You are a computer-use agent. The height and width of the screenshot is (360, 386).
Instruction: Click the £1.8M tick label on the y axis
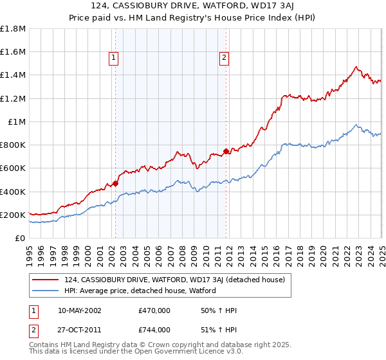[x=12, y=29]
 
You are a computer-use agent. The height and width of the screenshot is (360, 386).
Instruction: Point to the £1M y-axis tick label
[x=16, y=122]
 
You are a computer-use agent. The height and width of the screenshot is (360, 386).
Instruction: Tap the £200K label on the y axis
[x=12, y=215]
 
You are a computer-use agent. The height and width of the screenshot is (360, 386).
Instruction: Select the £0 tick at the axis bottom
[x=20, y=239]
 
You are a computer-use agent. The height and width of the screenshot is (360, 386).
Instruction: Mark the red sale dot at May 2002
[x=115, y=183]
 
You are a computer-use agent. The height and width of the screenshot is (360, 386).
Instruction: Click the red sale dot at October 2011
[x=226, y=152]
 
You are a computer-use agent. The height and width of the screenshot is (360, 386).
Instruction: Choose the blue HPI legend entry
[x=140, y=291]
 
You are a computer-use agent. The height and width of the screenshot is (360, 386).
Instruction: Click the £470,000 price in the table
[x=154, y=310]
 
